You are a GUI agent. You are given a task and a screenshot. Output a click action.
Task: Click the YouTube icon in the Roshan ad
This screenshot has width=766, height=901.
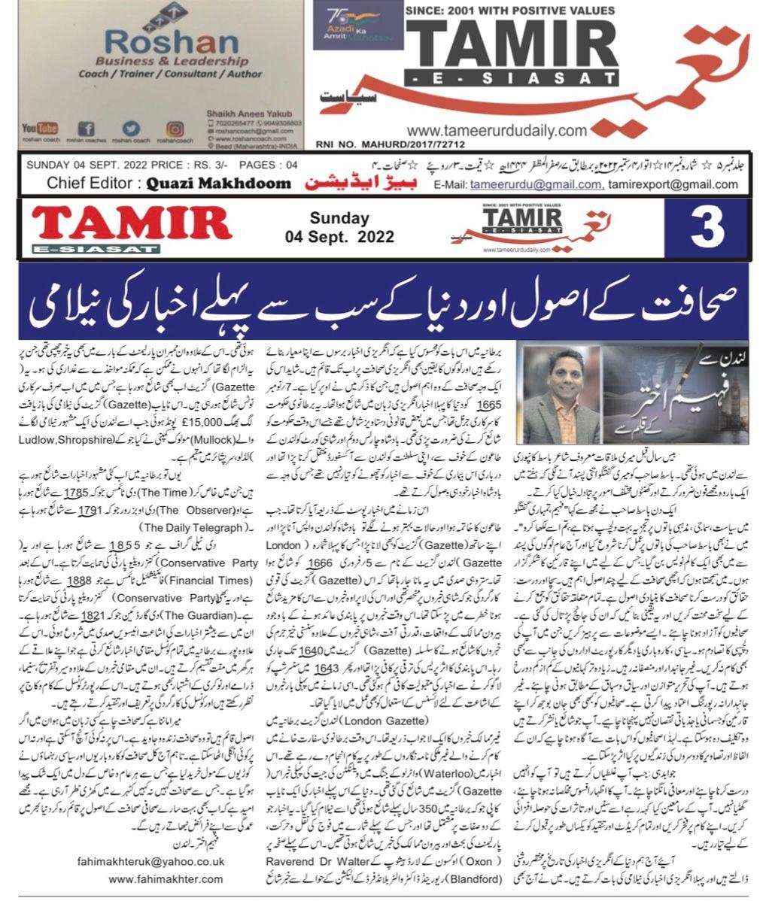point(40,129)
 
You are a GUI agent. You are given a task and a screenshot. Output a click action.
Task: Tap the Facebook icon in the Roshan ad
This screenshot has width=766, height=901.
point(87,129)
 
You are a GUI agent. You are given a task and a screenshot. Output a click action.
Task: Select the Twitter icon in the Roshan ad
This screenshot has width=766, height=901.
point(132,129)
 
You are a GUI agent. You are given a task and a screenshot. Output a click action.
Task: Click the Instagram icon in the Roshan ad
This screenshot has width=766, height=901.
point(175,129)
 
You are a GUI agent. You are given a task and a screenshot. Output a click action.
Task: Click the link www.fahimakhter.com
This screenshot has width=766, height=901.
point(166,878)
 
